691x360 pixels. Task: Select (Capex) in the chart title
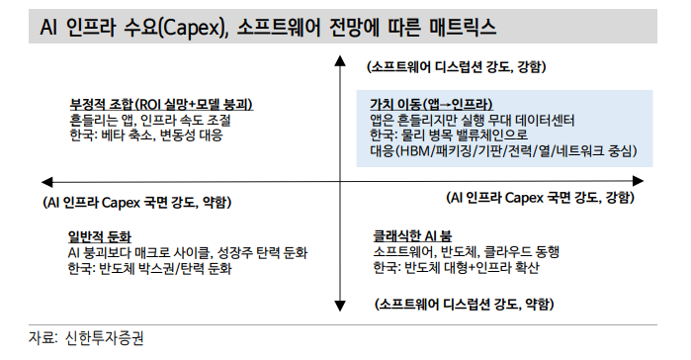click(x=191, y=25)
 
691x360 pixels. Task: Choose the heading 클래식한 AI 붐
click(x=412, y=236)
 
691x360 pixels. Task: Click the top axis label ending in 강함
click(x=455, y=67)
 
